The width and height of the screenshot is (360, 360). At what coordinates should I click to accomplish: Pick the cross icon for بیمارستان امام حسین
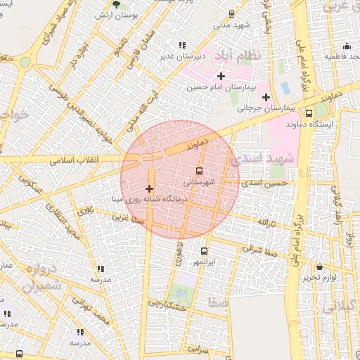click(221, 75)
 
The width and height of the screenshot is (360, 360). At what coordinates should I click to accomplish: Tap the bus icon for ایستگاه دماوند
click(310, 113)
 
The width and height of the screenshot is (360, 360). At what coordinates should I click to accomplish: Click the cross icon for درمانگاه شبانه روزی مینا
click(148, 188)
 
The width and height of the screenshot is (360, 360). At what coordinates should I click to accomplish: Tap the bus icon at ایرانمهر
click(205, 251)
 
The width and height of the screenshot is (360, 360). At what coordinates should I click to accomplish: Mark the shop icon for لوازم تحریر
click(320, 266)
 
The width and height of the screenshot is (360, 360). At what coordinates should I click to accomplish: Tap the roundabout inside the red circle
click(151, 155)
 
